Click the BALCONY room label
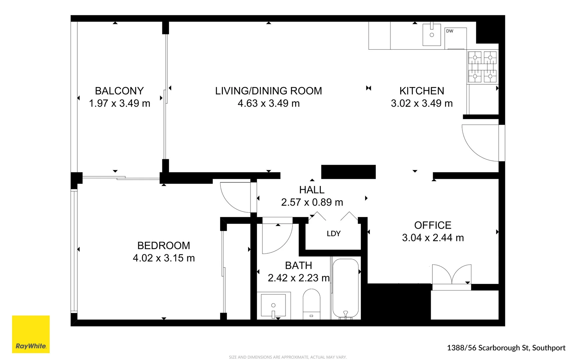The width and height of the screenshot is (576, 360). (119, 91)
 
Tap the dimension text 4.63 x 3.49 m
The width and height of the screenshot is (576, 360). (269, 103)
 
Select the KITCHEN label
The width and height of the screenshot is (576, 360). (422, 91)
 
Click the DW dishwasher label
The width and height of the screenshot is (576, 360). (450, 31)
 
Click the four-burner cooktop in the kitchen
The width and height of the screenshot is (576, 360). (482, 67)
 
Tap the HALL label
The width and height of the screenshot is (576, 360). (311, 190)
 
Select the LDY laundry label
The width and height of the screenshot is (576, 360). (333, 233)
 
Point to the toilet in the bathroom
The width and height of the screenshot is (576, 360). (311, 303)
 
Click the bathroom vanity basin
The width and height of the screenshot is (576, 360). (273, 305)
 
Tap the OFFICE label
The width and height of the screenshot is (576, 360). (433, 225)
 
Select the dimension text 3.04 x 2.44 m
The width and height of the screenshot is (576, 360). (433, 238)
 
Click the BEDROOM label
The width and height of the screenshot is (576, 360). (164, 245)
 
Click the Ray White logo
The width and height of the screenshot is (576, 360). (31, 334)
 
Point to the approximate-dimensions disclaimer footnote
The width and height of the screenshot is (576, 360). (288, 357)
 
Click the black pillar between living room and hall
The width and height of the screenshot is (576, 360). (348, 172)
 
